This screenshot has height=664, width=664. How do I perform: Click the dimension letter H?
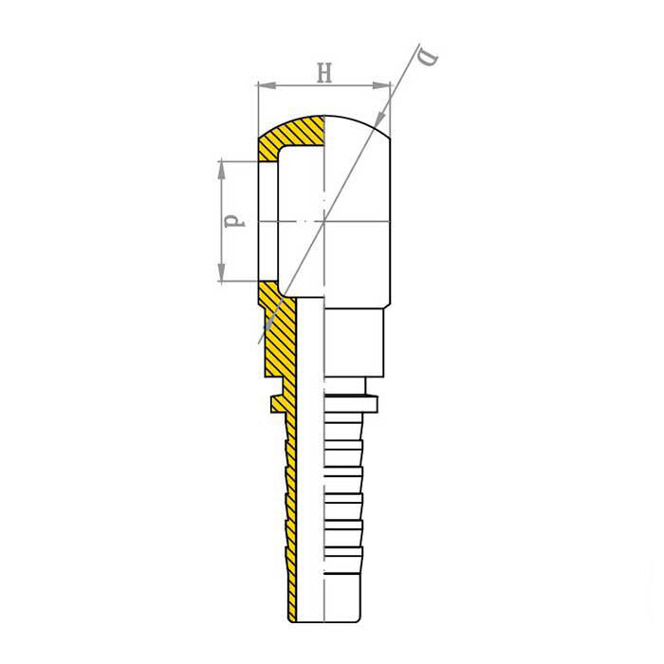[324, 72]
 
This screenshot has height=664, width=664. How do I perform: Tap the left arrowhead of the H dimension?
[267, 85]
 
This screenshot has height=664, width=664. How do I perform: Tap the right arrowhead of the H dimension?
[381, 85]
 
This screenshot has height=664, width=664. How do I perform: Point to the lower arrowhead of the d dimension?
[221, 272]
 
